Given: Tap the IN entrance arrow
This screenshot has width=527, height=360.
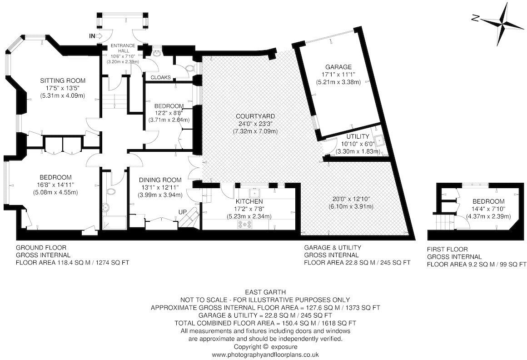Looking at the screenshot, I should [x=97, y=36].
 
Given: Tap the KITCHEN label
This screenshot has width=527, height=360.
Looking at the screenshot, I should [x=249, y=201].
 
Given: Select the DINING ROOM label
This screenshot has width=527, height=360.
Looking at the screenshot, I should [x=160, y=180].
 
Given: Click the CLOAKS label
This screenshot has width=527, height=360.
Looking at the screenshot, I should [x=158, y=77].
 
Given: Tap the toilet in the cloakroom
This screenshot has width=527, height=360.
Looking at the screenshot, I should [x=191, y=68].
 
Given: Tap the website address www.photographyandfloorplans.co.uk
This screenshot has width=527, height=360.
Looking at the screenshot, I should [x=265, y=354].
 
